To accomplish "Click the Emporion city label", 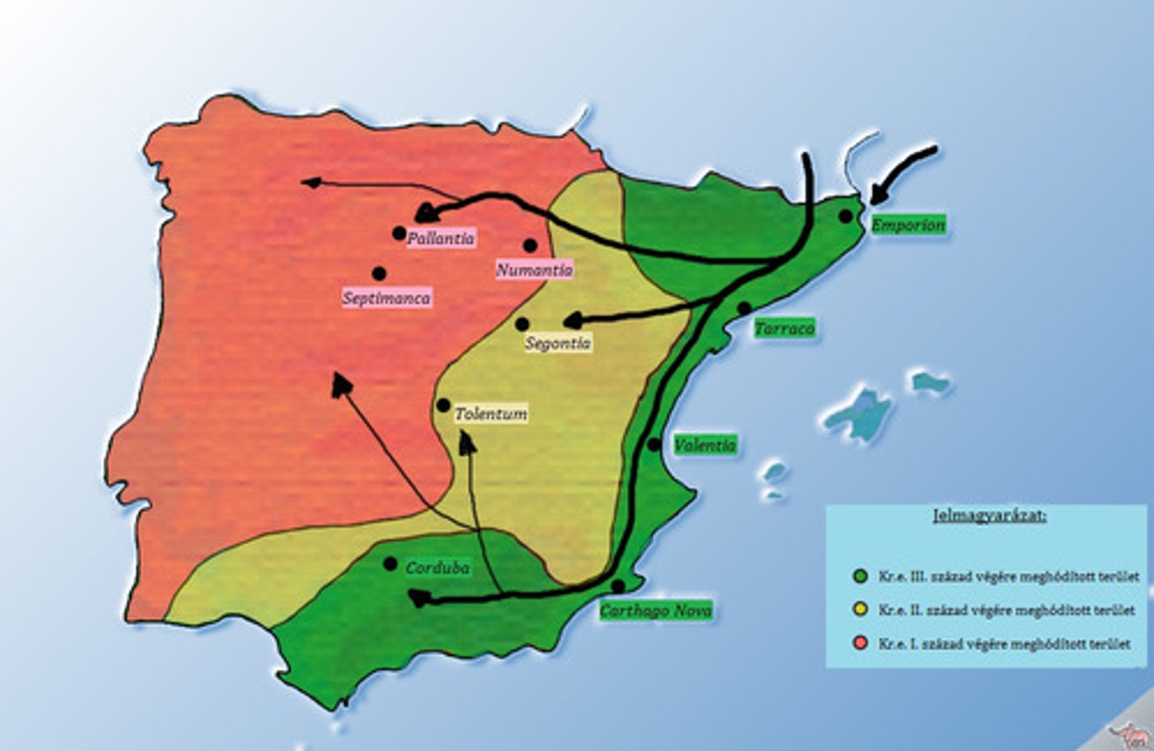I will pyautogui.click(x=908, y=225).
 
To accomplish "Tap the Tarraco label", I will pyautogui.click(x=784, y=328).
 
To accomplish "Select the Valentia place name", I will pyautogui.click(x=704, y=445).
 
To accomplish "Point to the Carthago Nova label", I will pyautogui.click(x=656, y=611).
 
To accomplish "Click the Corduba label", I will pyautogui.click(x=438, y=568).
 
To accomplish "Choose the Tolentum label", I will pyautogui.click(x=490, y=414).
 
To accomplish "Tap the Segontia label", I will pyautogui.click(x=558, y=343).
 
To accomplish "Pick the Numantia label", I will pyautogui.click(x=534, y=270).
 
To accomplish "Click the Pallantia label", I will pyautogui.click(x=440, y=238).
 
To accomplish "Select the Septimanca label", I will pyautogui.click(x=386, y=298).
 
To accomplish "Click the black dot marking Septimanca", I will pyautogui.click(x=379, y=274).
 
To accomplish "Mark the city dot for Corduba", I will pyautogui.click(x=390, y=564).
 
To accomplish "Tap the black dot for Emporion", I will pyautogui.click(x=845, y=216).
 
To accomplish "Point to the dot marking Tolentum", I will pyautogui.click(x=443, y=406).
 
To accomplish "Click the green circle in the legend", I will pyautogui.click(x=861, y=576).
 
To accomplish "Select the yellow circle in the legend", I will pyautogui.click(x=861, y=610).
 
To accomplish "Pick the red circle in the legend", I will pyautogui.click(x=861, y=644).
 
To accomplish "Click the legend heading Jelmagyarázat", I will pyautogui.click(x=989, y=515).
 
